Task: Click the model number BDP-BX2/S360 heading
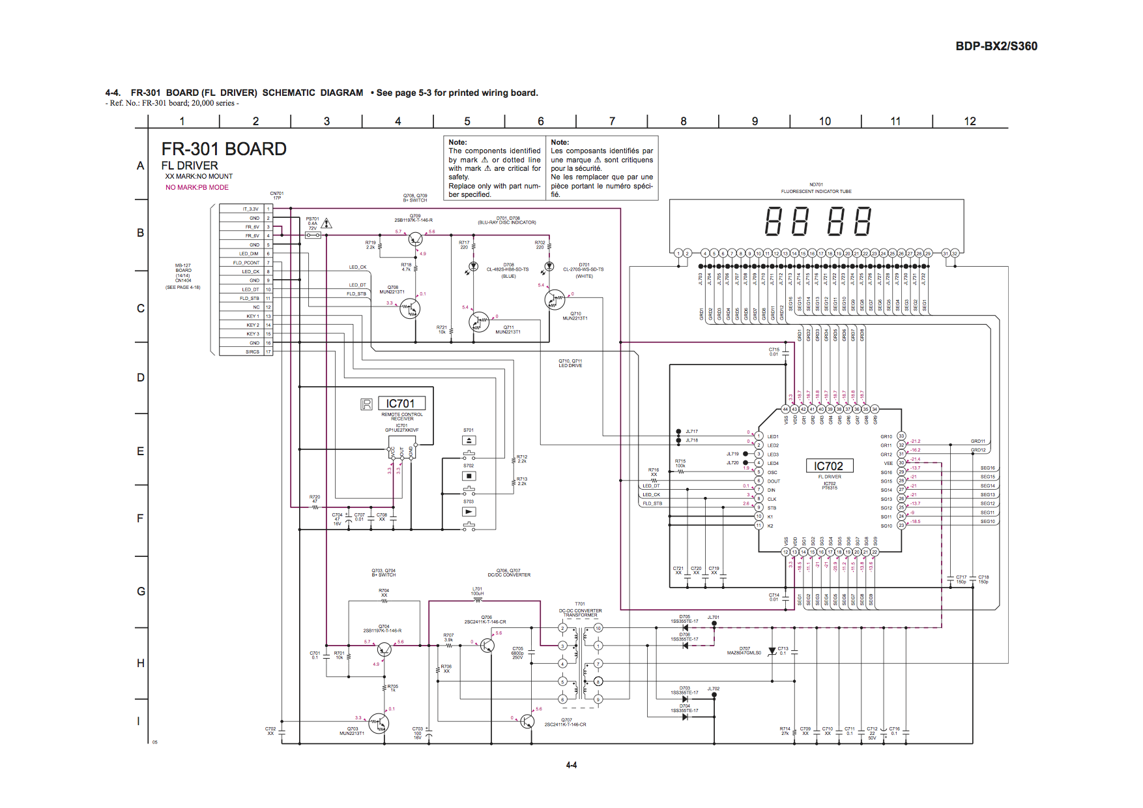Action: pos(996,46)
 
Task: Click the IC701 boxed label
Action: pos(399,404)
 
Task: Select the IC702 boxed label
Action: pos(828,466)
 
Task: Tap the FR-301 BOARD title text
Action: pos(224,149)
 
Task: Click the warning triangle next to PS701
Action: pos(327,224)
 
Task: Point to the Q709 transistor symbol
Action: pos(415,239)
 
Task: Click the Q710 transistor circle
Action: pos(555,299)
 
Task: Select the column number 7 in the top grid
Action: pos(611,121)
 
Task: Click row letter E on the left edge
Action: pos(140,451)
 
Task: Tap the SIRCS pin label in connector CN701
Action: pos(252,352)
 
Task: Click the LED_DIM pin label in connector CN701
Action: pos(248,254)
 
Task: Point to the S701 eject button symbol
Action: pos(469,441)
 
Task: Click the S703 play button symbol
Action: pos(469,512)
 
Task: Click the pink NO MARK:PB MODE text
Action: pos(197,187)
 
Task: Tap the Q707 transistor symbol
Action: pos(527,721)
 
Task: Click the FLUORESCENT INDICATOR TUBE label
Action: pos(816,191)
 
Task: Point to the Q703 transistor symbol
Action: pos(379,723)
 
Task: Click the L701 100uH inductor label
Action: pos(477,591)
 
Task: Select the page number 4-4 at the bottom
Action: pos(571,765)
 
